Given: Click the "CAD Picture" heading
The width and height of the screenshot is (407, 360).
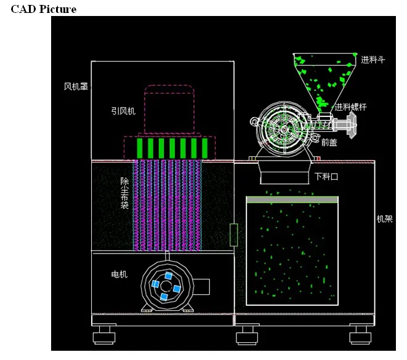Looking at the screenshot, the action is pos(44,9).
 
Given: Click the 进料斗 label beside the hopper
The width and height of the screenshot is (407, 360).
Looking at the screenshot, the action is pos(373,60).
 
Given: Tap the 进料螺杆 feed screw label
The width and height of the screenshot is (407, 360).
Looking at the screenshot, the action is pos(350,107).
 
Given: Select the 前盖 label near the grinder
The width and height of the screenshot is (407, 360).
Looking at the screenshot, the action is pos(329,142).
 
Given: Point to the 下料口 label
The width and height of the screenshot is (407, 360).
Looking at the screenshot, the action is pos(326,177).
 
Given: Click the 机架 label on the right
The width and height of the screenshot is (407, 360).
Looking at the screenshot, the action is pos(385,219).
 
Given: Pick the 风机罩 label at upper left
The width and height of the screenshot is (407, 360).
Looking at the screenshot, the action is pos(76,86).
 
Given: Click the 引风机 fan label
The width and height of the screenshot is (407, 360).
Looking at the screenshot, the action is pos(123,111).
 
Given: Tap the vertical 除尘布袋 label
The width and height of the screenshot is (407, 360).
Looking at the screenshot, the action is pos(124,193).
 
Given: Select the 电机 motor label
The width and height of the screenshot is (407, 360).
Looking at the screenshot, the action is pos(119,274).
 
